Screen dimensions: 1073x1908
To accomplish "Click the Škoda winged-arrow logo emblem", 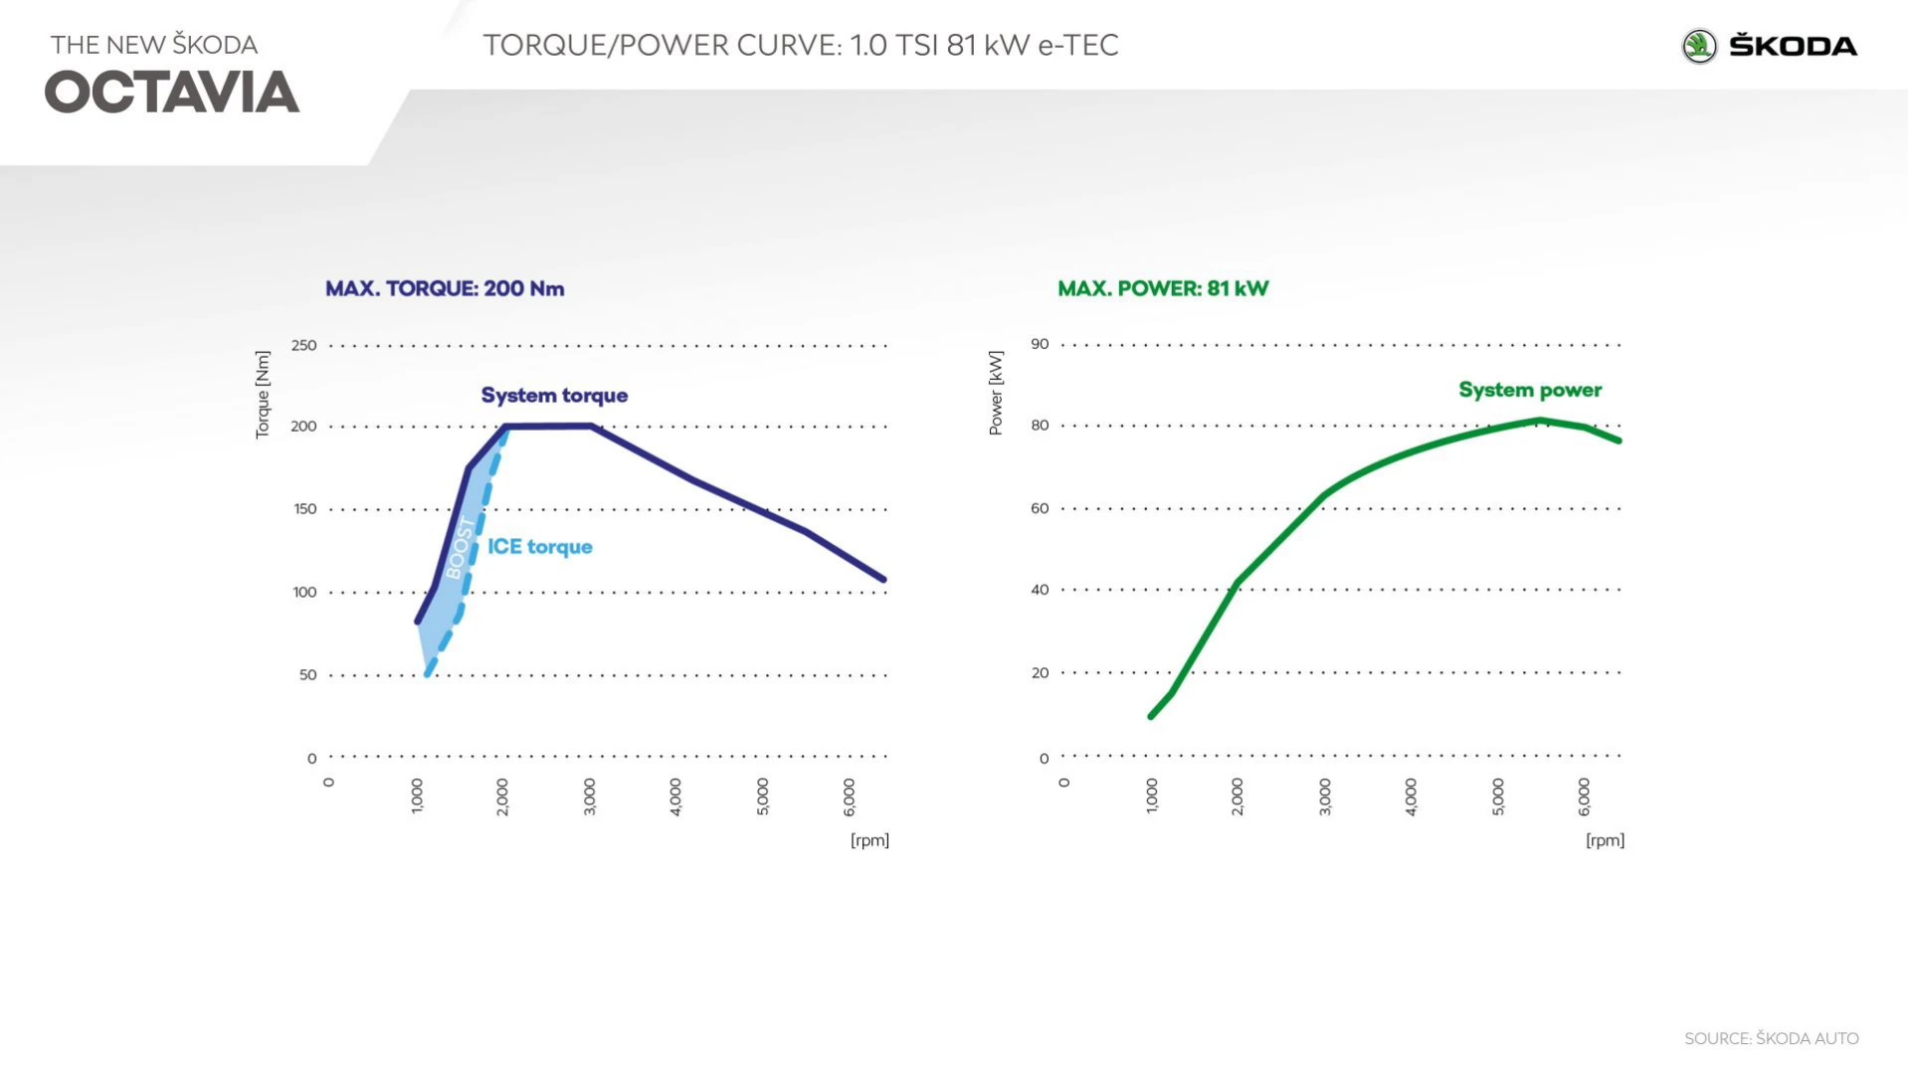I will point(1699,47).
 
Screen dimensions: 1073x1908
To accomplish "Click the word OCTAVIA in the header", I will point(172,92).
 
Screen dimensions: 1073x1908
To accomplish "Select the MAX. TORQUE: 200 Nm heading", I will point(445,288).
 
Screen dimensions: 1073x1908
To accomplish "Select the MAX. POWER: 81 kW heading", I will point(1163,288).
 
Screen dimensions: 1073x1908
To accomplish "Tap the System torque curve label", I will point(554,396).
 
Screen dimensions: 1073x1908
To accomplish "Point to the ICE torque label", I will point(539,547).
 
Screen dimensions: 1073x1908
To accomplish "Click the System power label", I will point(1530,390).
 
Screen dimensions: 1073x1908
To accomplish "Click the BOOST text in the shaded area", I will point(461,548).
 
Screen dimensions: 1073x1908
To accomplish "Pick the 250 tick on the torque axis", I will point(303,346).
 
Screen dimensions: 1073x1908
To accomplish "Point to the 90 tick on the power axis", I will point(1040,344).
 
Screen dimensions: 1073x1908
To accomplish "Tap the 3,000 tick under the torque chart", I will point(589,797).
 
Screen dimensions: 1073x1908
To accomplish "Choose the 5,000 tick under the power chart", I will point(1498,797).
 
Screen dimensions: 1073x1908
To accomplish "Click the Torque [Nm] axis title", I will point(263,394).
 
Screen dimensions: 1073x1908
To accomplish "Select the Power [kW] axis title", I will point(996,393).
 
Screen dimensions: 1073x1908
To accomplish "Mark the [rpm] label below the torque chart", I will point(869,840).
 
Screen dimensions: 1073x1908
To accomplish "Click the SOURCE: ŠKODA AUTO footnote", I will point(1771,1038).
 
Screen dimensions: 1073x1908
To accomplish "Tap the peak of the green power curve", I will point(1540,421).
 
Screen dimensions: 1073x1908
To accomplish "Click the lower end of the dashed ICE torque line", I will point(428,674).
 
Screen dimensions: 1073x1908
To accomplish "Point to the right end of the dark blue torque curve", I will point(882,579).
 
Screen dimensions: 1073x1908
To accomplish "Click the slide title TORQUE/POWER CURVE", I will point(801,46).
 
